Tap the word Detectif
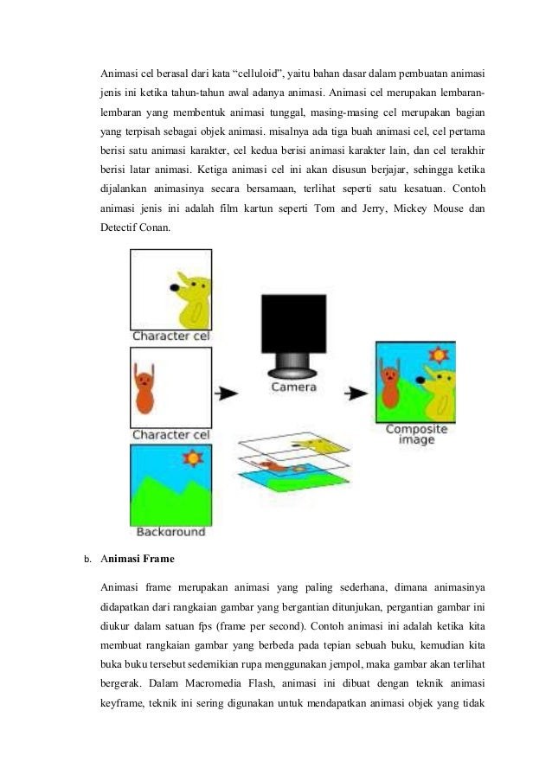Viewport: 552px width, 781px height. [120, 227]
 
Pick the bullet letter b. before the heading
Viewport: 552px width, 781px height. [87, 559]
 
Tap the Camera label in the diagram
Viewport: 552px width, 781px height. [294, 387]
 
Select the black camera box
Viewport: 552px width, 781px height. [295, 323]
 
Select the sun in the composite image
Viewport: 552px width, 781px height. [440, 355]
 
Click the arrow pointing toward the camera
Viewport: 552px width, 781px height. [226, 394]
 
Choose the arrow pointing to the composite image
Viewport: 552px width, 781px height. [355, 394]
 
